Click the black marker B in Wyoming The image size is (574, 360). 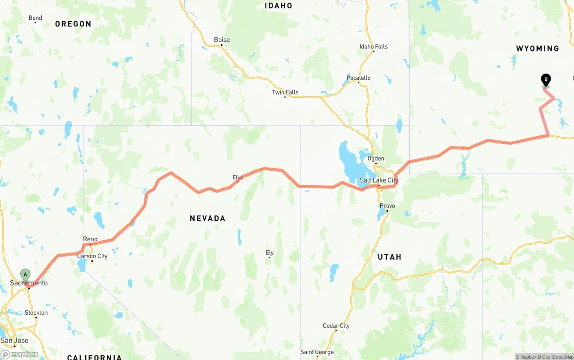click(x=546, y=80)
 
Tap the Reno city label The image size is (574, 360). click(x=90, y=239)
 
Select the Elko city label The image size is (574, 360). click(x=238, y=178)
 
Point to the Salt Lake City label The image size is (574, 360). click(x=379, y=180)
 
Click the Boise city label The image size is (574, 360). click(x=222, y=39)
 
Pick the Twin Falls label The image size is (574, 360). click(x=285, y=92)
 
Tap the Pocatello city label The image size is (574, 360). click(x=358, y=78)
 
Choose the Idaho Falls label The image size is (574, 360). click(x=374, y=47)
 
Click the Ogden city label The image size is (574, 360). click(x=376, y=158)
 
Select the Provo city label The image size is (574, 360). click(x=387, y=206)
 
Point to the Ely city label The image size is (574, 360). click(x=270, y=253)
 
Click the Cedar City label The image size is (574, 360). click(x=336, y=326)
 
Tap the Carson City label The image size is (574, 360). click(x=92, y=256)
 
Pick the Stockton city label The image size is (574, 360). click(x=36, y=312)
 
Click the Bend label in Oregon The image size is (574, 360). click(x=35, y=18)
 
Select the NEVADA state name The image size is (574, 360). click(x=207, y=218)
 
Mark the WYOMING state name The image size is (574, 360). click(x=538, y=48)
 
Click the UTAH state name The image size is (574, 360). click(x=389, y=257)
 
